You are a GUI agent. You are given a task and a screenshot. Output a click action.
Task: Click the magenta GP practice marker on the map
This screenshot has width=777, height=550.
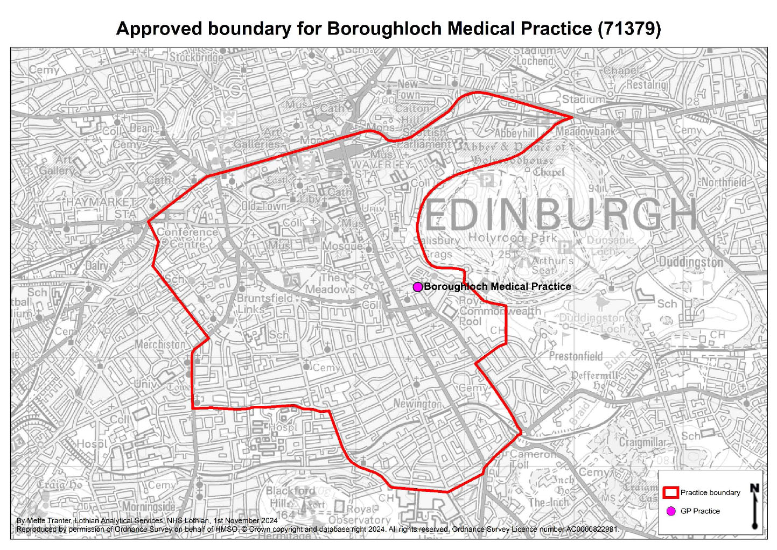417,287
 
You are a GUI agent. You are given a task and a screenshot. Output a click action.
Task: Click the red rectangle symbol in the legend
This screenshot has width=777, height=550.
670,492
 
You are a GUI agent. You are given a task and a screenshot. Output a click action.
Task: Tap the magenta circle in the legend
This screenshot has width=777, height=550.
671,511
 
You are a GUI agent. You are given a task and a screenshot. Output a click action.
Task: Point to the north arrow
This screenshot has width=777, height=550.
755,506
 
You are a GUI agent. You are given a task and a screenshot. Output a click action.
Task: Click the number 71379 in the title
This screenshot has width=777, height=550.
629,29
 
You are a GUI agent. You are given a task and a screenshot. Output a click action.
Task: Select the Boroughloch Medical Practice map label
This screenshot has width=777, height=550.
497,287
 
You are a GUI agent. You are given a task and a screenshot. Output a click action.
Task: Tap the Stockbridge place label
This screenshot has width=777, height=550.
197,57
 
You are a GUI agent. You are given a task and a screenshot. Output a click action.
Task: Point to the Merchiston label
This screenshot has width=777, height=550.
160,344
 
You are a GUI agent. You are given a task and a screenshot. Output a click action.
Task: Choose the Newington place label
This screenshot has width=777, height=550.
417,404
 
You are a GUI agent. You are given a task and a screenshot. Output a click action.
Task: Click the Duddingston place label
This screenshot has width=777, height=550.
691,262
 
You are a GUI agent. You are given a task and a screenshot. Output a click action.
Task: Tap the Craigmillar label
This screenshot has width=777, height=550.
642,442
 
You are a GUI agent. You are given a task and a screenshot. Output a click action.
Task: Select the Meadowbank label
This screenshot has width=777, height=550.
585,131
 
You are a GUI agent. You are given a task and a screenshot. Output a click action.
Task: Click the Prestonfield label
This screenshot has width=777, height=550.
576,356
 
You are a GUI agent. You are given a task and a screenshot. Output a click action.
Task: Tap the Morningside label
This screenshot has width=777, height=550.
149,507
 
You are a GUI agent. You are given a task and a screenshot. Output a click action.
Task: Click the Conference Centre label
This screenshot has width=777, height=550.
187,238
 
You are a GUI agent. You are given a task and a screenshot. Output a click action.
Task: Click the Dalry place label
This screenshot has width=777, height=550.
96,265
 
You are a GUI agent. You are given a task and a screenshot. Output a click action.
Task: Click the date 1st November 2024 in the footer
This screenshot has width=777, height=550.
246,520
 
